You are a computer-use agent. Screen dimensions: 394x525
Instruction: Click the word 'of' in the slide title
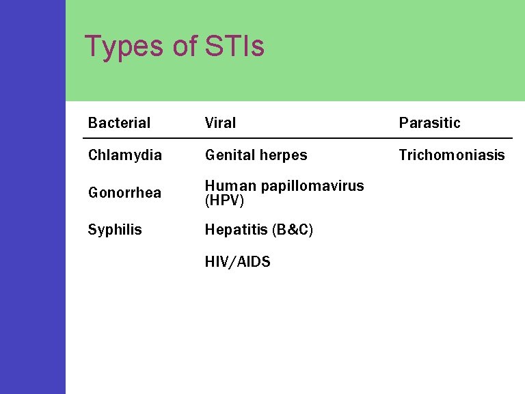pyautogui.click(x=184, y=47)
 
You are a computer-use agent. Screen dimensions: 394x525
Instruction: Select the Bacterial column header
pyautogui.click(x=119, y=123)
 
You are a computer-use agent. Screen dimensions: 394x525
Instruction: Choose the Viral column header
pyautogui.click(x=220, y=123)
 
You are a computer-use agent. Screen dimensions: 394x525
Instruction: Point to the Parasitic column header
pyautogui.click(x=429, y=123)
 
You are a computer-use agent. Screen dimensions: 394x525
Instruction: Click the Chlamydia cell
pyautogui.click(x=125, y=155)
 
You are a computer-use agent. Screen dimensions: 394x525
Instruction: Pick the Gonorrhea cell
pyautogui.click(x=124, y=193)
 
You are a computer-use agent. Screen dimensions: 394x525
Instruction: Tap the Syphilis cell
pyautogui.click(x=115, y=230)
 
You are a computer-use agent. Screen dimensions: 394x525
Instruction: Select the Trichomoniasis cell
pyautogui.click(x=452, y=155)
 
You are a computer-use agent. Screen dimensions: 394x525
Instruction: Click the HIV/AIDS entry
pyautogui.click(x=237, y=262)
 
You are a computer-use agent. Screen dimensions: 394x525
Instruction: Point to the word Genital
pyautogui.click(x=228, y=155)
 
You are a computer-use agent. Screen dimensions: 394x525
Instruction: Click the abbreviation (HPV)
pyautogui.click(x=224, y=201)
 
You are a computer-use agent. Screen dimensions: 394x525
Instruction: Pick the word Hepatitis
pyautogui.click(x=235, y=230)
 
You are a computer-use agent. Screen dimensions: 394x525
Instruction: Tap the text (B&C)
pyautogui.click(x=293, y=230)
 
